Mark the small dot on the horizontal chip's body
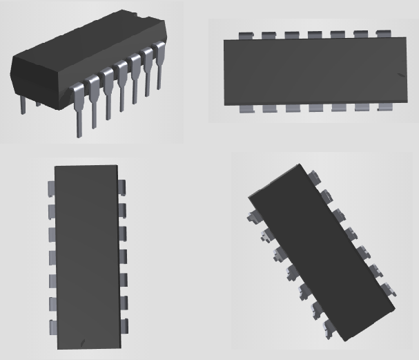pos(401,75)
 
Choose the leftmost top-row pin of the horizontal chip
pos(243,35)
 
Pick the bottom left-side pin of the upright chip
pos(50,326)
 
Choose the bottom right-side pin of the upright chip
pos(123,326)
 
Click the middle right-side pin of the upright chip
pos(123,256)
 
